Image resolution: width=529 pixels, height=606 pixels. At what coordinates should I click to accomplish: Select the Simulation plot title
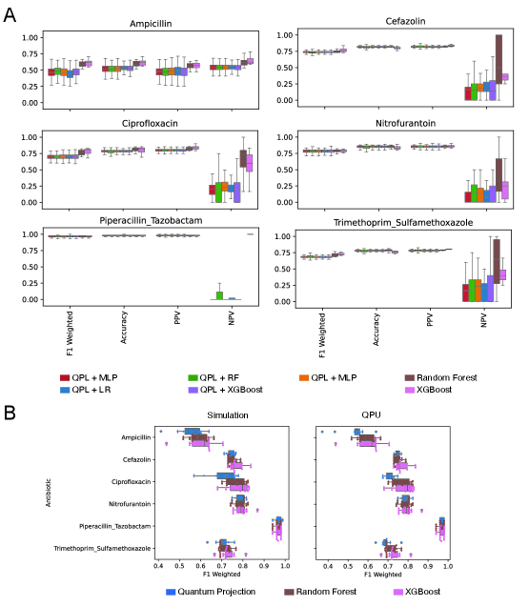pyautogui.click(x=221, y=415)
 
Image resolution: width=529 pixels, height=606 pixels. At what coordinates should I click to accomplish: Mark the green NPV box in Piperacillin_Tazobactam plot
pyautogui.click(x=220, y=295)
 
